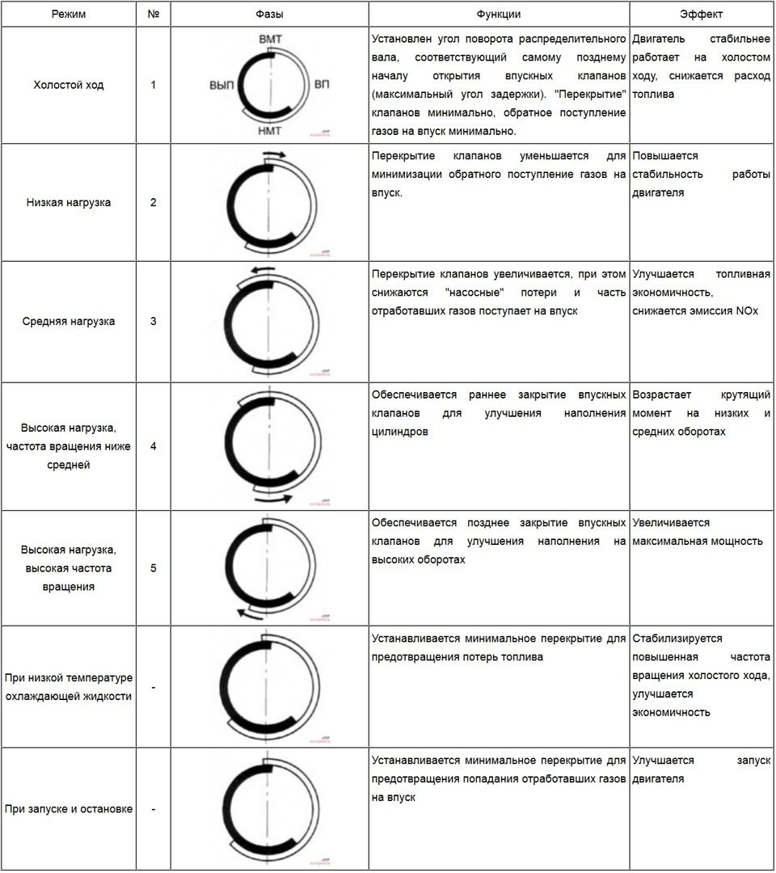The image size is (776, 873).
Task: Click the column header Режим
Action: tap(69, 14)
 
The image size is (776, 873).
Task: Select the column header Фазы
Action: tap(269, 14)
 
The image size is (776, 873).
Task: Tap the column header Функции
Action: tap(499, 14)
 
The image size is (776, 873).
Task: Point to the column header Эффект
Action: tap(702, 14)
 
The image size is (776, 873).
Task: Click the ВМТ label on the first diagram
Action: tap(271, 39)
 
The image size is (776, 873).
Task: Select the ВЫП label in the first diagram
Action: tap(221, 85)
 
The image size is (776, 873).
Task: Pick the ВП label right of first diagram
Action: tap(322, 85)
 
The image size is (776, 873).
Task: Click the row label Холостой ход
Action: tap(69, 85)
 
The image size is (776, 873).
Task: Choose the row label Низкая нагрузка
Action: tap(69, 202)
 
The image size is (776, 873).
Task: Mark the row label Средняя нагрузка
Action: tap(69, 321)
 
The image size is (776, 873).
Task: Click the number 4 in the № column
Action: tap(154, 445)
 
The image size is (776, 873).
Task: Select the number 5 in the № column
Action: tap(154, 567)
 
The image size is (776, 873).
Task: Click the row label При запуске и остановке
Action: tap(69, 808)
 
